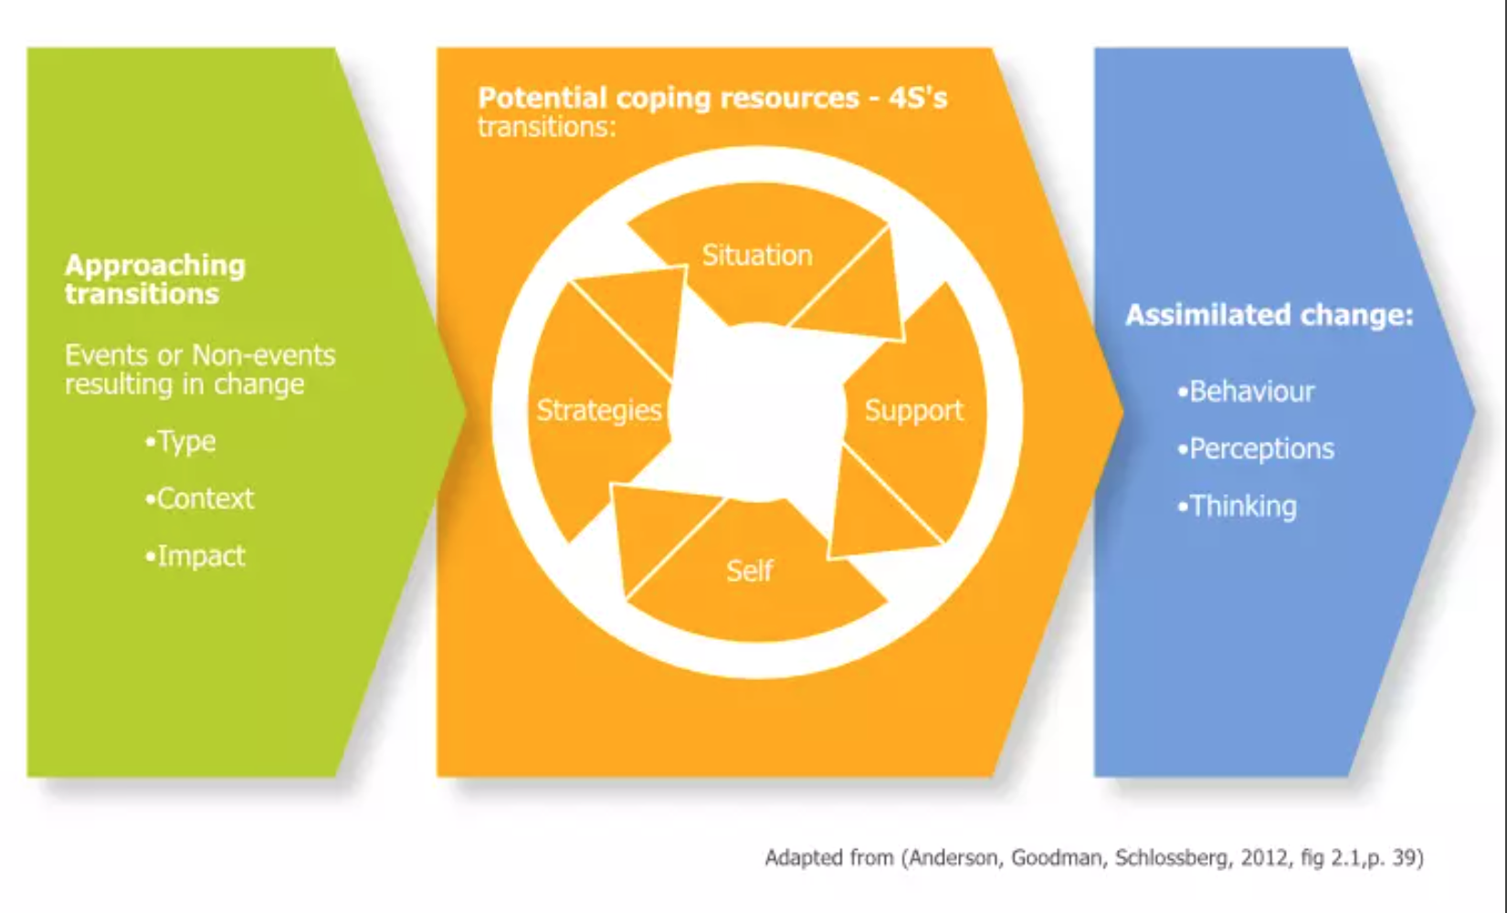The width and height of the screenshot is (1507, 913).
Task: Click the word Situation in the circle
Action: point(757,256)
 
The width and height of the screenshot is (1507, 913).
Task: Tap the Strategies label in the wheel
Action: point(599,410)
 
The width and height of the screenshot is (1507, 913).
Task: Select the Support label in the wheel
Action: point(913,411)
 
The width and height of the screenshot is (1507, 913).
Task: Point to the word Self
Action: point(750,571)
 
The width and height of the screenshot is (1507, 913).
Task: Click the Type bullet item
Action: point(180,443)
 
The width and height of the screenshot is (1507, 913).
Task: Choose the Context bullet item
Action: point(199,498)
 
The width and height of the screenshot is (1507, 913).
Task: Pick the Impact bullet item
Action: point(195,557)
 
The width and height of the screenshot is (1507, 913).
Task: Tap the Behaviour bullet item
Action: point(1246,392)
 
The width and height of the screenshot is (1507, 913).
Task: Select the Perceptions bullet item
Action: point(1256,449)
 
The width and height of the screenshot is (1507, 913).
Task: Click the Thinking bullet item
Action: point(1238,506)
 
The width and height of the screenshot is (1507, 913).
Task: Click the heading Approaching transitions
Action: point(155,279)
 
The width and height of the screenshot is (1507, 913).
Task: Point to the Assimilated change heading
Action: point(1270,315)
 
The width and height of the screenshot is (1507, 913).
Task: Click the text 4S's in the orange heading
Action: point(918,99)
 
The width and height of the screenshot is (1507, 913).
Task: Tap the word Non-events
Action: point(264,355)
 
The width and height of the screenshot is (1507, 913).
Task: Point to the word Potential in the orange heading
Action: point(543,99)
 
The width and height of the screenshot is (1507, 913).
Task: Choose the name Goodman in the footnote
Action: point(1059,858)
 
